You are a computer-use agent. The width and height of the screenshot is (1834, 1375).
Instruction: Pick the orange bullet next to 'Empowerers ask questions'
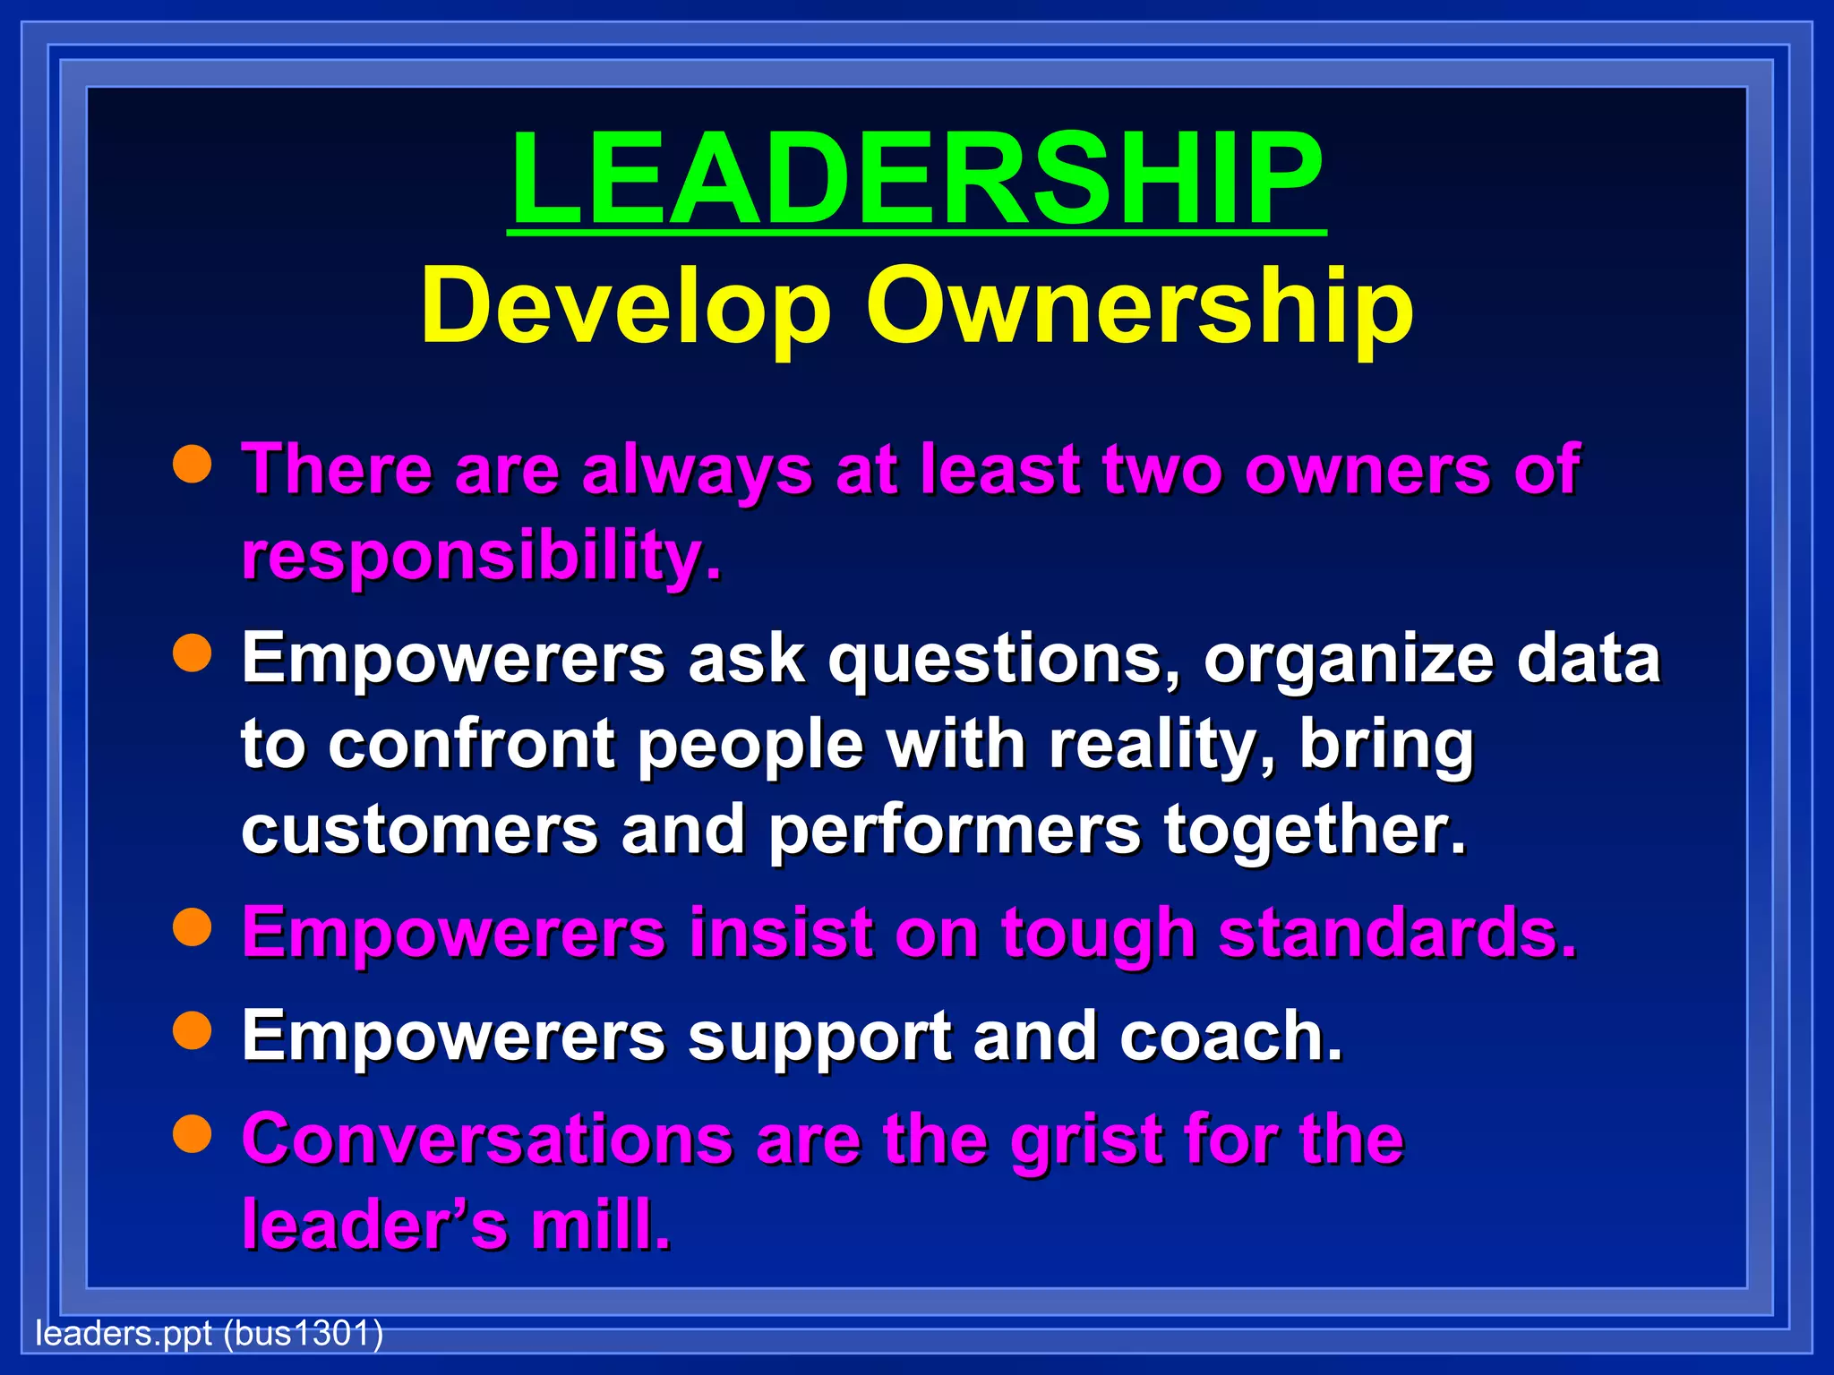193,653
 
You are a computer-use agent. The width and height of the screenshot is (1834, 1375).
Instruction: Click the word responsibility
481,557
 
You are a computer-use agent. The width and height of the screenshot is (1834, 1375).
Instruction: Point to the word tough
1098,935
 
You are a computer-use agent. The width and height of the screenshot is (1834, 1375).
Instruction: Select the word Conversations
488,1140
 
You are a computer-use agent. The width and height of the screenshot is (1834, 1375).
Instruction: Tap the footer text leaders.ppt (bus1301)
209,1334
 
